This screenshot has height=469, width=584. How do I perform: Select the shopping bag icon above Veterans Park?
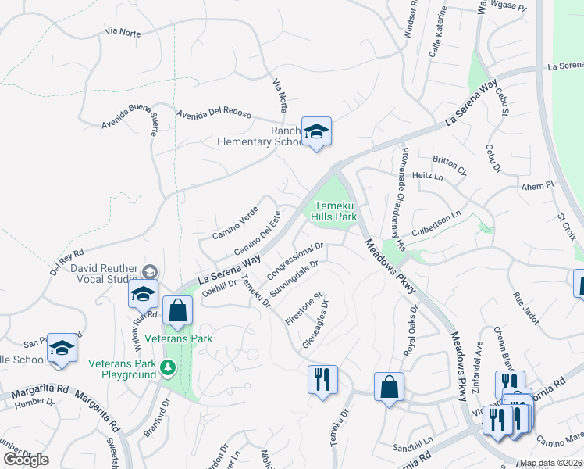pos(178,310)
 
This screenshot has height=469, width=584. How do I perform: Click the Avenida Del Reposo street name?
pos(213,114)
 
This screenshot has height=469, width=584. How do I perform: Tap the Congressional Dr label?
pos(295,261)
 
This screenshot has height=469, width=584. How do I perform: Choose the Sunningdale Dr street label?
pos(294,278)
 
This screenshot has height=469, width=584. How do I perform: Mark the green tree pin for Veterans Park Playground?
pos(167,367)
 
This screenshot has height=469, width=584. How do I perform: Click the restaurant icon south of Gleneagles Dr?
pos(322,380)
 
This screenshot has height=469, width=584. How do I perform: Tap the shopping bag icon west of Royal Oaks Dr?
pos(389,387)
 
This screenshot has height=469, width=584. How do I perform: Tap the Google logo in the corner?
pos(26,459)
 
